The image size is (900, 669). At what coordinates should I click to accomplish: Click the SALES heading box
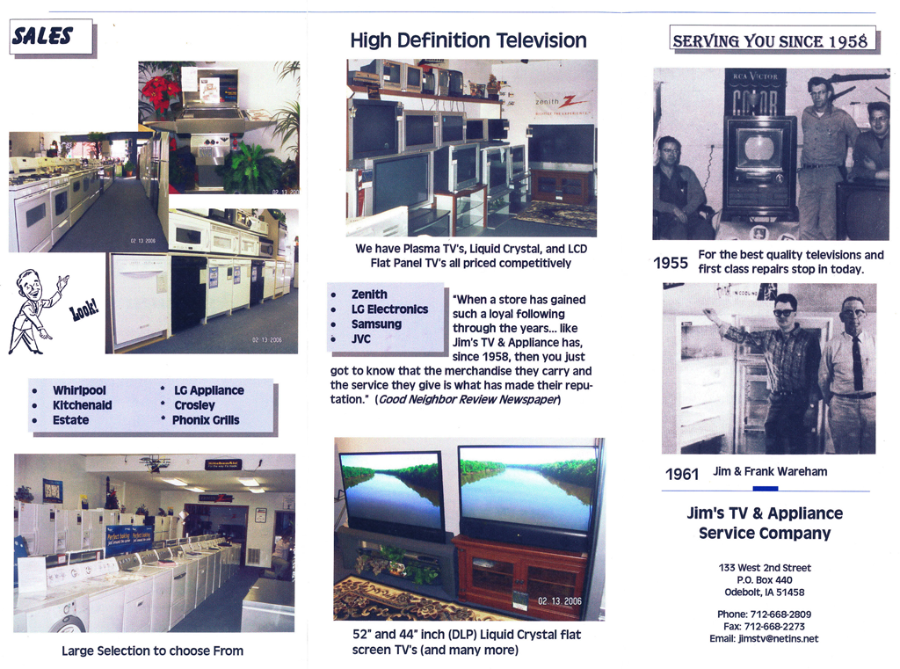click(x=52, y=37)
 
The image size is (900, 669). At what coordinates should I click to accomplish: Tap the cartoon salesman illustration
click(x=35, y=311)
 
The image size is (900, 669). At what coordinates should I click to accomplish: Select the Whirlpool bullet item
click(x=79, y=390)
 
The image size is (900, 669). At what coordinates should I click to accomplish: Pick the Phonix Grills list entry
click(x=206, y=420)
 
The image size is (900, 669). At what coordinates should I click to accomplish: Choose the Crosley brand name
click(x=194, y=405)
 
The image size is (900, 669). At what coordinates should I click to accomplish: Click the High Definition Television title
click(x=468, y=40)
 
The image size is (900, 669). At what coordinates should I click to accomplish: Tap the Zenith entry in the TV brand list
click(x=369, y=295)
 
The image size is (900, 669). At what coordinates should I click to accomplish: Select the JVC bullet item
click(x=361, y=339)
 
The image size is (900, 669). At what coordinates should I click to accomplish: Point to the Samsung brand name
click(x=376, y=324)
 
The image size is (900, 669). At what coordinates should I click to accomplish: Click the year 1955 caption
click(x=671, y=263)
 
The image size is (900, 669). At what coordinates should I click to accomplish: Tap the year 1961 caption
click(x=682, y=475)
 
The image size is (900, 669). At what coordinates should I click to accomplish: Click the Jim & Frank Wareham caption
click(x=770, y=471)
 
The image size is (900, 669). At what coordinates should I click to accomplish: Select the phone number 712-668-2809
click(x=780, y=614)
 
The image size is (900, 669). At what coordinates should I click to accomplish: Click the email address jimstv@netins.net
click(x=779, y=638)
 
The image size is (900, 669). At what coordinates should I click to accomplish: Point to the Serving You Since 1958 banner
click(x=773, y=40)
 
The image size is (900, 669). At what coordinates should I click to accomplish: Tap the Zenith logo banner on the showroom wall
click(x=562, y=104)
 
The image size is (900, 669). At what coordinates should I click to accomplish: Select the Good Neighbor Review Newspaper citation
click(x=468, y=400)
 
